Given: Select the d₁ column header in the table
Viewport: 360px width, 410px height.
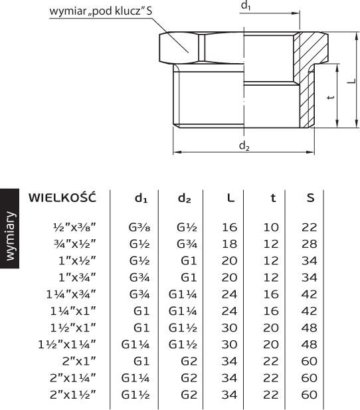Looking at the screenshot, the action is tap(141, 198).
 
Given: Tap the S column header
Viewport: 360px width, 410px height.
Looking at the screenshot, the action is tap(310, 197).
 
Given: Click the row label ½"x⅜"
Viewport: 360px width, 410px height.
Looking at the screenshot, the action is tap(74, 227).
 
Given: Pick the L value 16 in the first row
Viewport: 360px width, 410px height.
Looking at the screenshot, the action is tap(229, 227).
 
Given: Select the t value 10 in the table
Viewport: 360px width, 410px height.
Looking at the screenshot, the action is tap(271, 227).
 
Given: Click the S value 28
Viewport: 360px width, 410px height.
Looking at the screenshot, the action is tap(309, 244).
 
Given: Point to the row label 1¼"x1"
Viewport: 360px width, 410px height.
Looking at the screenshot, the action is tap(73, 311).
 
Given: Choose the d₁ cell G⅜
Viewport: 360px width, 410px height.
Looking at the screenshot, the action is tap(139, 227).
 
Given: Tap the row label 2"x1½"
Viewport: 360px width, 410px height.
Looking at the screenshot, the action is tap(73, 395).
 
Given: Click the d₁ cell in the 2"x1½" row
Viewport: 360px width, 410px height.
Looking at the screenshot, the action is tap(135, 395).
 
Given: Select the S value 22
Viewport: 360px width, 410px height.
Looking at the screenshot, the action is tap(309, 227).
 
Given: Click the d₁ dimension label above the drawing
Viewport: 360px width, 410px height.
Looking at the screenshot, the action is tap(246, 5).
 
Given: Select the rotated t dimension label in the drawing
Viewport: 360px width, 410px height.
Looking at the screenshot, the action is tap(331, 97).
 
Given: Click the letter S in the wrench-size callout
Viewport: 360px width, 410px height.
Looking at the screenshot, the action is tap(149, 11).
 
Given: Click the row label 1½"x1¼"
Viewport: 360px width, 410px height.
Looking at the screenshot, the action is tap(67, 344).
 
